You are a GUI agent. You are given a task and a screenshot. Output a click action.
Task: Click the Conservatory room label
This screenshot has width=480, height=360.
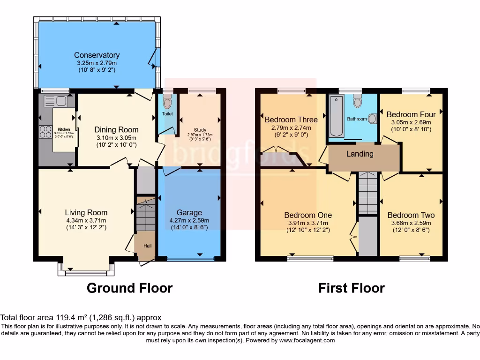97,55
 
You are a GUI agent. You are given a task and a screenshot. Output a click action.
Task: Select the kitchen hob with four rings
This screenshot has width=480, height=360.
46,131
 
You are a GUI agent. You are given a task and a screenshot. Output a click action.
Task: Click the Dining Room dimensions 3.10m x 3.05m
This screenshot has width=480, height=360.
116,138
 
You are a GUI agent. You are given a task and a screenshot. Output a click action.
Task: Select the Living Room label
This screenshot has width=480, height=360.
86,213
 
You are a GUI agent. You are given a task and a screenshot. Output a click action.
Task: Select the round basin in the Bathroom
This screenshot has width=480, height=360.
372,119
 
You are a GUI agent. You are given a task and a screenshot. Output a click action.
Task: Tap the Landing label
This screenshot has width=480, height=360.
360,154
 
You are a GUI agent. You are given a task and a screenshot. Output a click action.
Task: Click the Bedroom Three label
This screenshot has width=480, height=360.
291,120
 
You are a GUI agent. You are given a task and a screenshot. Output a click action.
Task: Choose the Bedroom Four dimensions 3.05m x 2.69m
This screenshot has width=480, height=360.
411,122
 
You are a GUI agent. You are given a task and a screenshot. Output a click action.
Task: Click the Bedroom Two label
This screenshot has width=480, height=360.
411,215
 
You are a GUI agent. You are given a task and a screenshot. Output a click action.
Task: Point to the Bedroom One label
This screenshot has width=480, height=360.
308,215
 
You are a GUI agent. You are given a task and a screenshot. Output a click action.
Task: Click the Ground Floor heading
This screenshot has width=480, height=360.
129,288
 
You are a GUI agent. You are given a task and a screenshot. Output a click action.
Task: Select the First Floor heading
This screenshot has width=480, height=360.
351,288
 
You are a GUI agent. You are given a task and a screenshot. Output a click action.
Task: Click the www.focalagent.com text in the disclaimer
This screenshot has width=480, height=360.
307,340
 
